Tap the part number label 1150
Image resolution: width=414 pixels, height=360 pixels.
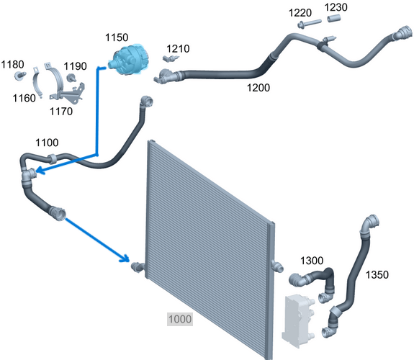coord(117,37)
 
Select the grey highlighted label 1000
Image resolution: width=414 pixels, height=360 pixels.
coord(180,319)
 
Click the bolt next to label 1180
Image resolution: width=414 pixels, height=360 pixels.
coord(20,76)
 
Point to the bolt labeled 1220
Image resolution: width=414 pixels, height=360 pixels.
coord(309,23)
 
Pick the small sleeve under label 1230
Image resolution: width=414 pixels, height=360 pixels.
coord(334,19)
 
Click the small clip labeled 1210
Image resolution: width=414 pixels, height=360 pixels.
coord(171,58)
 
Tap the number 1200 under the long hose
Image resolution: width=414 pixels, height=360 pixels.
coord(258,88)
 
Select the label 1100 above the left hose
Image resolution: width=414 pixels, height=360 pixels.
coord(47,143)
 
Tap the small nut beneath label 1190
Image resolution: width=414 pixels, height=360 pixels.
coord(71,78)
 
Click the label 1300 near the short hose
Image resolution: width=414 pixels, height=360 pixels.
coord(312,261)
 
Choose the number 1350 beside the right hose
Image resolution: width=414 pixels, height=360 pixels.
coord(377,275)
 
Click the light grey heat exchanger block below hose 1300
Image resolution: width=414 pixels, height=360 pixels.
coord(298,320)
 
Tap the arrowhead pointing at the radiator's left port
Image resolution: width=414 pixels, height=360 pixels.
coord(125,258)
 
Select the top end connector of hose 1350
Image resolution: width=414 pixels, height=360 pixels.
coord(372,221)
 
